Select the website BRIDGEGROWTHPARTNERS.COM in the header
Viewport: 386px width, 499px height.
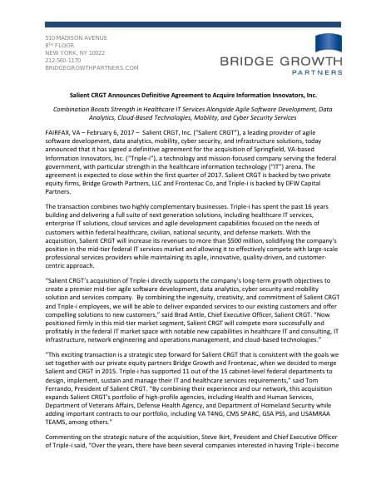92,67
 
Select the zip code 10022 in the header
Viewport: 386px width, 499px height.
106,52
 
